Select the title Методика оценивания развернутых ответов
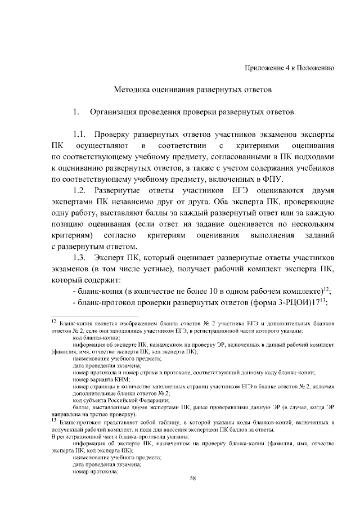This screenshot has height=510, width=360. click(x=193, y=90)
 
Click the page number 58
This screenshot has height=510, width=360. click(x=193, y=478)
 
